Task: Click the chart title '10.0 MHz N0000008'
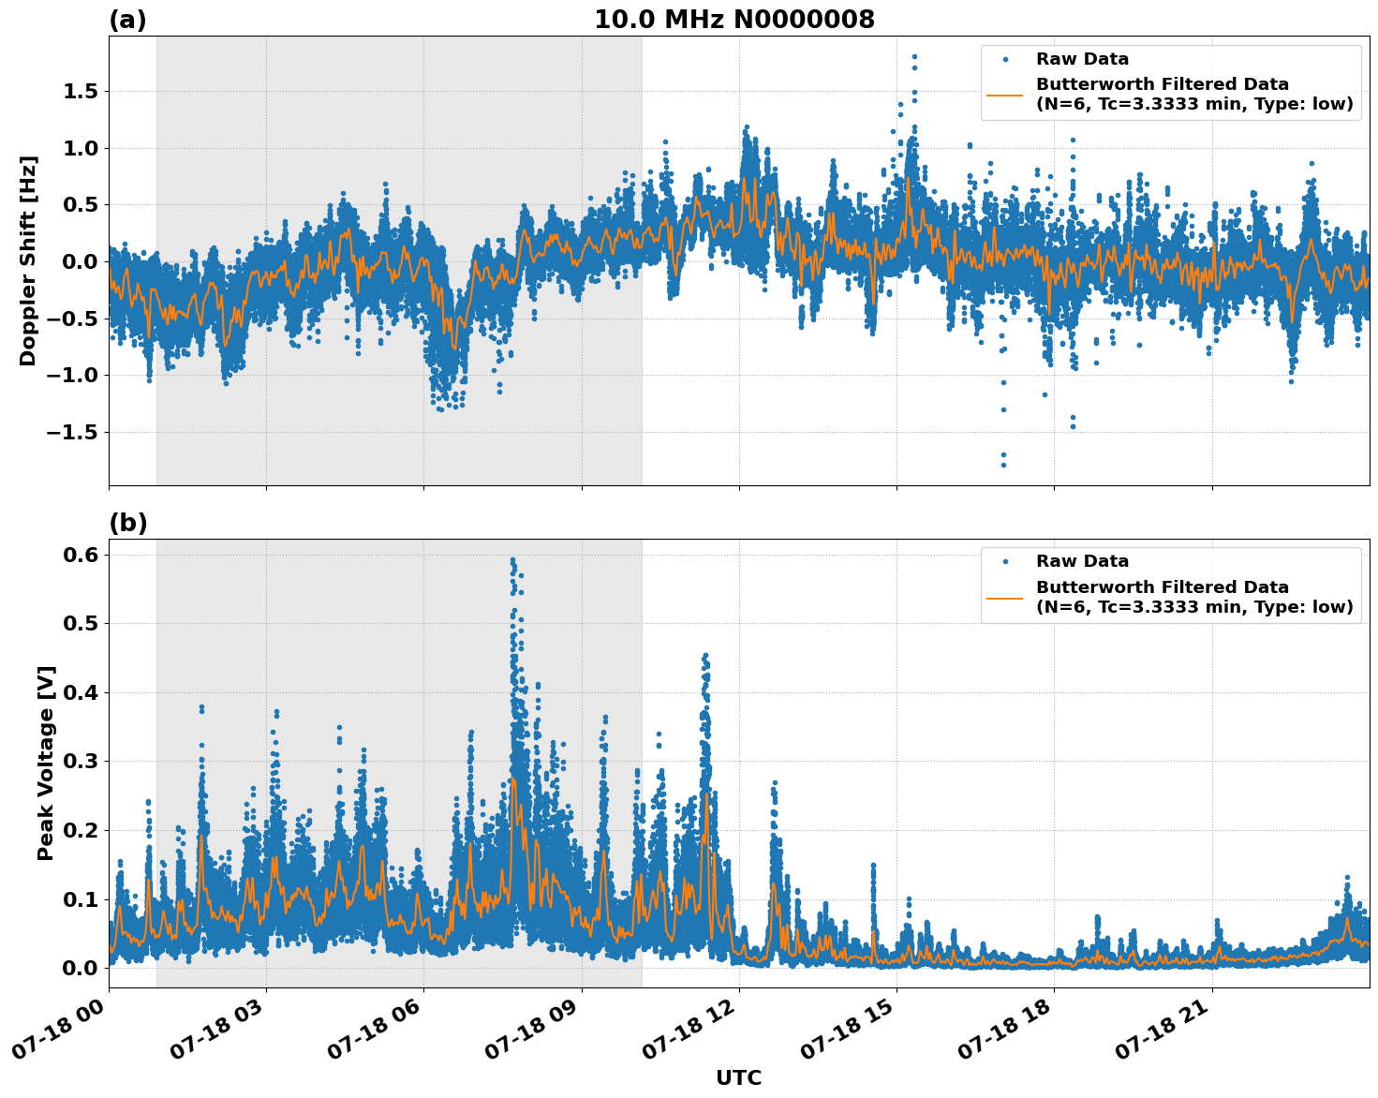coord(733,20)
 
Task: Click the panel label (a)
coord(127,20)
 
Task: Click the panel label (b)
coord(127,523)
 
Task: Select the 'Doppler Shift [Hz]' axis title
coord(28,260)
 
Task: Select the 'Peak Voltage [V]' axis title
coord(46,763)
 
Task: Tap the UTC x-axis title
coord(738,1077)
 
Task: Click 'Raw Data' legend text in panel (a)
coord(1082,59)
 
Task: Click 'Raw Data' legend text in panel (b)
coord(1082,561)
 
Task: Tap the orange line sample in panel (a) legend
coord(1004,95)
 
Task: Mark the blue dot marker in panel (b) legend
coord(1004,561)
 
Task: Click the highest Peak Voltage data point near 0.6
coord(512,559)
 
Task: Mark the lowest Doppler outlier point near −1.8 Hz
coord(1003,465)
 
